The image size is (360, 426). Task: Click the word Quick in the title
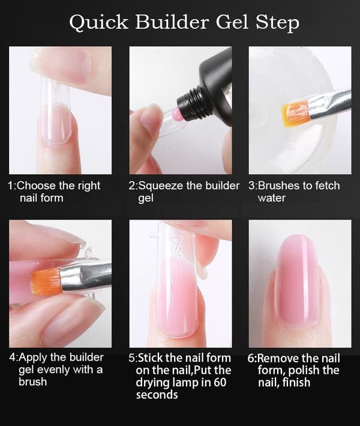pyautogui.click(x=98, y=22)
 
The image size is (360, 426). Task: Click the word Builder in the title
pyautogui.click(x=172, y=22)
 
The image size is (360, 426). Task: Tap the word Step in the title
pyautogui.click(x=277, y=23)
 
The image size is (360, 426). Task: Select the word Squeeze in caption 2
pyautogui.click(x=161, y=187)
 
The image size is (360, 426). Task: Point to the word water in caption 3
pyautogui.click(x=271, y=198)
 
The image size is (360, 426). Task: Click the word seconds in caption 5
pyautogui.click(x=157, y=394)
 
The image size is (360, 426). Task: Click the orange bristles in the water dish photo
pyautogui.click(x=295, y=113)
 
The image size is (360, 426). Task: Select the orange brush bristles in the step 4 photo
pyautogui.click(x=46, y=281)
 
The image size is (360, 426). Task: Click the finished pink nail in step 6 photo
pyautogui.click(x=298, y=280)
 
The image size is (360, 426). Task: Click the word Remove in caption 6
pyautogui.click(x=276, y=358)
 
